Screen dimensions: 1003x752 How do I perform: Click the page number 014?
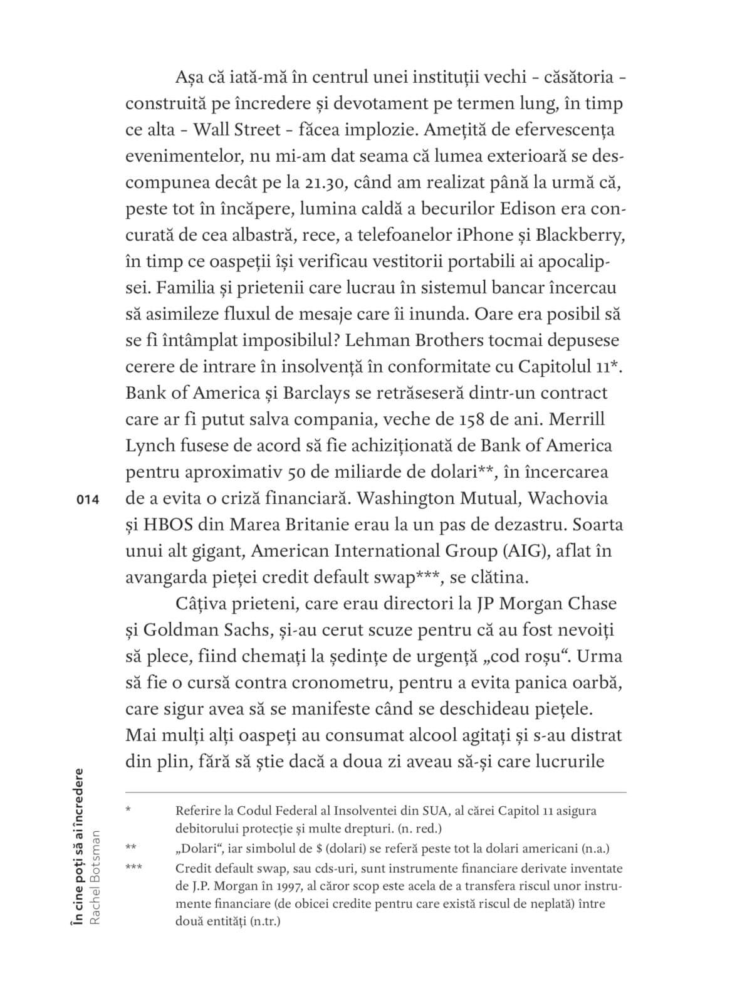[88, 500]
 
